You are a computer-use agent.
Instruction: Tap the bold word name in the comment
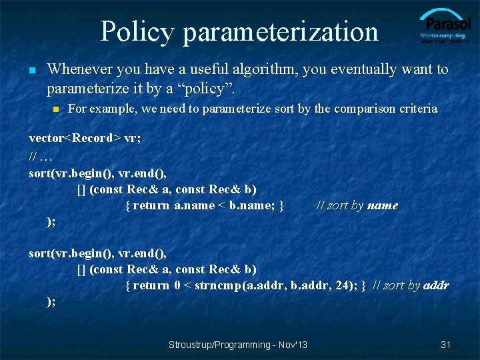383,205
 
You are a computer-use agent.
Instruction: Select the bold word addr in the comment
437,285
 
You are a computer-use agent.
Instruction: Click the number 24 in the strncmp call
349,285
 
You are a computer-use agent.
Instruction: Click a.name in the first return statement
194,205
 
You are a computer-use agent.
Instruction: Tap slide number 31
446,345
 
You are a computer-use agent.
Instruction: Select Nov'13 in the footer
293,345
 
